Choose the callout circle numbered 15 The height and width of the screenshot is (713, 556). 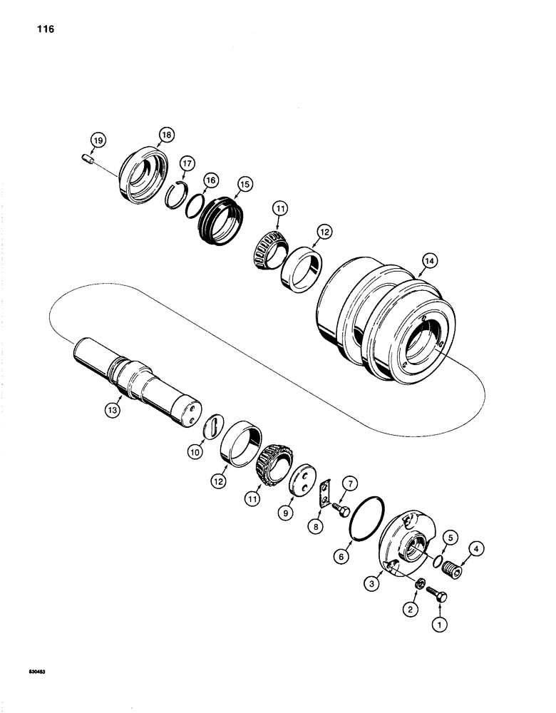pos(245,184)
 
